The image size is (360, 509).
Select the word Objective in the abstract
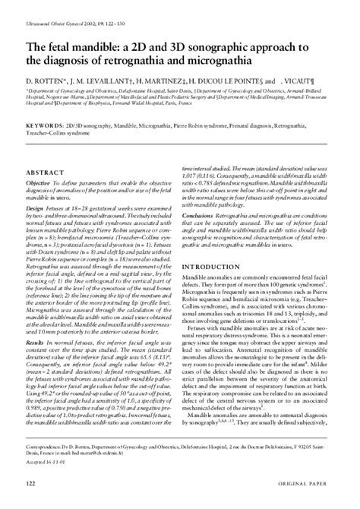(x=38, y=184)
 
